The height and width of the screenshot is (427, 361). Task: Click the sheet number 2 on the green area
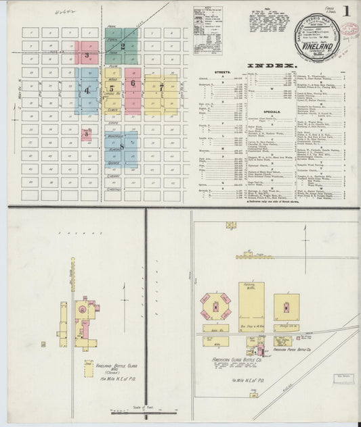pyautogui.click(x=123, y=47)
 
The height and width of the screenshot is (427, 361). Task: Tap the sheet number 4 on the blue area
pyautogui.click(x=87, y=90)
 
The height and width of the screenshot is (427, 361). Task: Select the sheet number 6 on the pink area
pyautogui.click(x=133, y=84)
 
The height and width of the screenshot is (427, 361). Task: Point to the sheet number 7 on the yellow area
pyautogui.click(x=161, y=88)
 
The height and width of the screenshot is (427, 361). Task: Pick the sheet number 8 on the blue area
pyautogui.click(x=122, y=146)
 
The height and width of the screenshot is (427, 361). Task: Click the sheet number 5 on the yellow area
pyautogui.click(x=111, y=89)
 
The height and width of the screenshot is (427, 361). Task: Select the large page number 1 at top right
pyautogui.click(x=346, y=11)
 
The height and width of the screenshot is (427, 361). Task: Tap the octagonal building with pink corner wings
pyautogui.click(x=215, y=307)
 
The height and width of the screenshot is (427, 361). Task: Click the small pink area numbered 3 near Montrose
pyautogui.click(x=87, y=134)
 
